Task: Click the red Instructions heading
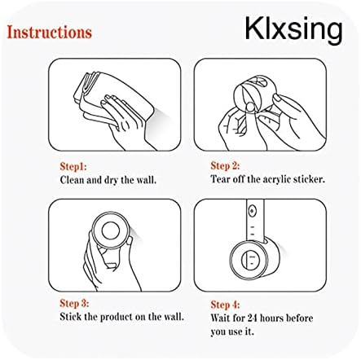50,32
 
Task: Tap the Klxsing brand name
293,30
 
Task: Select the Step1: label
73,166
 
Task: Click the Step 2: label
225,165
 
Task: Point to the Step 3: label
74,303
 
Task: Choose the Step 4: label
225,305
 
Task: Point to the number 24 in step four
253,318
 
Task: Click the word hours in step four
272,318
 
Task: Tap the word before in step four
300,318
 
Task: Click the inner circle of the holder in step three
110,230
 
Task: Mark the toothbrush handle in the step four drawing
255,221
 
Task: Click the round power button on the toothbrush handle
253,211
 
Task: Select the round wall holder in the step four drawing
253,259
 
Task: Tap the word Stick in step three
71,317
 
